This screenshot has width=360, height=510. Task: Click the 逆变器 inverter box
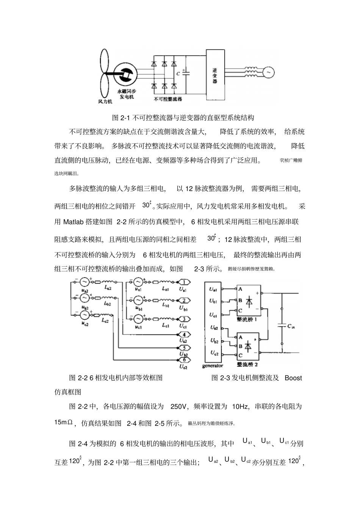215,75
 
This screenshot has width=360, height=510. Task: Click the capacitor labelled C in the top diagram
185,73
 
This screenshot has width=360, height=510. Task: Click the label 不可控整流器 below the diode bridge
168,99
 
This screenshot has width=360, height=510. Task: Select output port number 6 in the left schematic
184,360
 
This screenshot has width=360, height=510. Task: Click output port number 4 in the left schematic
184,334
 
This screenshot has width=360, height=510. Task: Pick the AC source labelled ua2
84,282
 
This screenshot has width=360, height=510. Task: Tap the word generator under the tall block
213,366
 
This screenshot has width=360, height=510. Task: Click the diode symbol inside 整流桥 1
248,302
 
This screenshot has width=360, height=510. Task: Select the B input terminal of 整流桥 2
240,346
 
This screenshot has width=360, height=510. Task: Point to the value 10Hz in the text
240,407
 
